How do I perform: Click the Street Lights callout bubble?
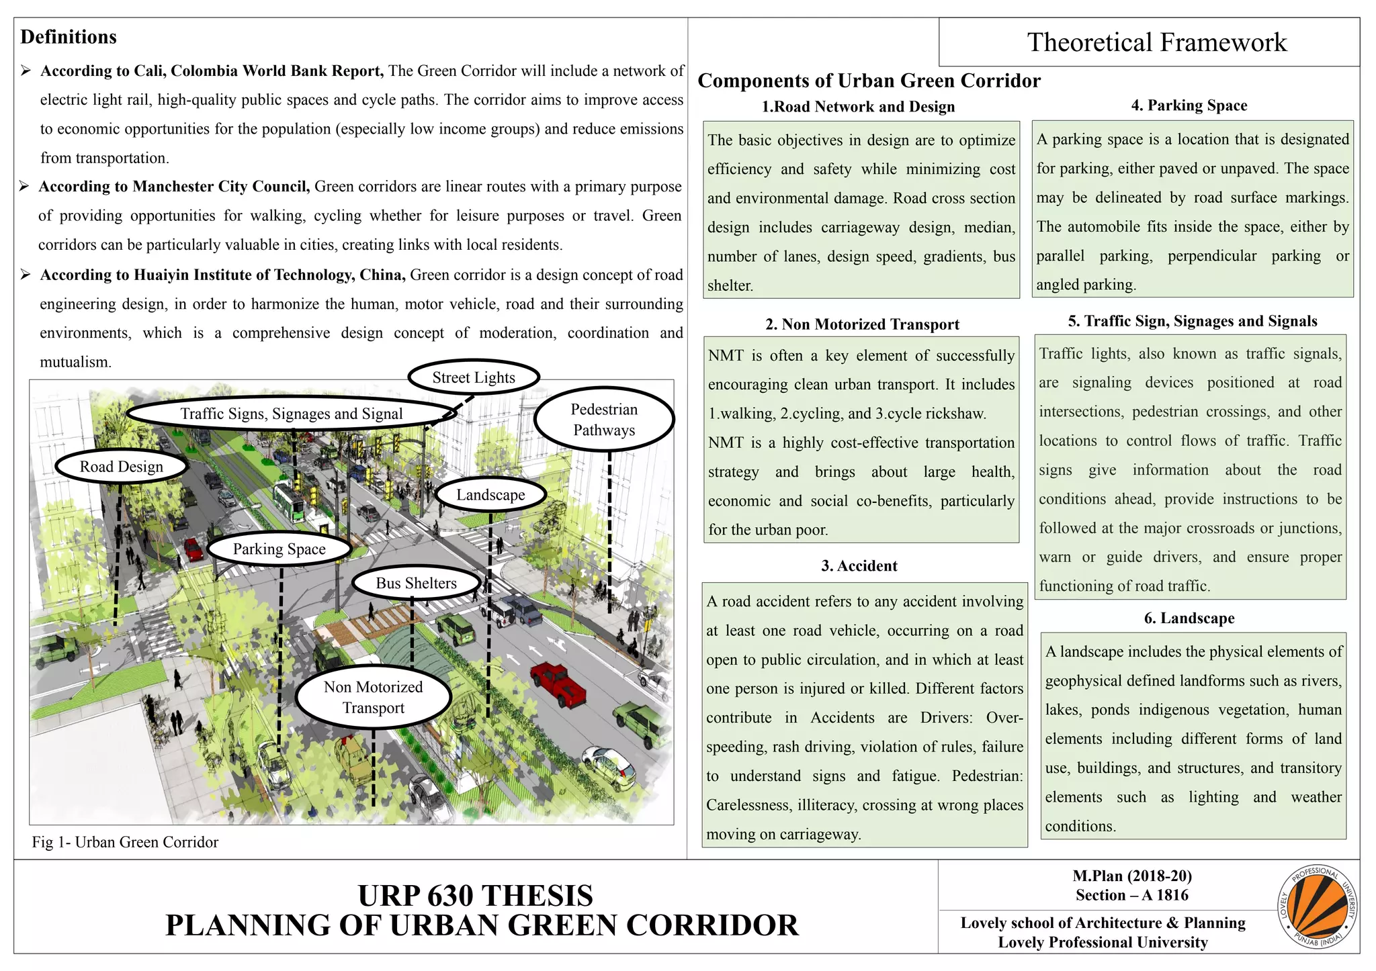(474, 377)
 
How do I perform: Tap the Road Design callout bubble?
(121, 467)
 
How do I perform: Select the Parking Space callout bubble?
(279, 549)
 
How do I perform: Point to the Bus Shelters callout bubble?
(416, 583)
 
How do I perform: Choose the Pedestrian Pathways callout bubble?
(604, 420)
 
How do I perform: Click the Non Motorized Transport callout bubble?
(373, 697)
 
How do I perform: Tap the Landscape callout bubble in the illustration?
(490, 495)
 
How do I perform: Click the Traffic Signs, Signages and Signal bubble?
(292, 414)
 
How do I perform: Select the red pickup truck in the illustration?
(558, 683)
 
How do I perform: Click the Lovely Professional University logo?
(1317, 907)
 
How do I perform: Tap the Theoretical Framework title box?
(1156, 42)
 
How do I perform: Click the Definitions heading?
(69, 37)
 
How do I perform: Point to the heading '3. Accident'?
(859, 566)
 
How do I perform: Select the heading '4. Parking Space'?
(1189, 105)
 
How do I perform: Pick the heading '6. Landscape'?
(1189, 618)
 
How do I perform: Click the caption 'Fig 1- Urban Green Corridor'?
(125, 842)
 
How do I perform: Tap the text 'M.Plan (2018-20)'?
(1132, 876)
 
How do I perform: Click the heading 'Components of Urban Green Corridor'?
(869, 81)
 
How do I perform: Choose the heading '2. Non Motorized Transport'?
(862, 324)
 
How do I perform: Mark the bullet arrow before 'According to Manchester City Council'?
(25, 186)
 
